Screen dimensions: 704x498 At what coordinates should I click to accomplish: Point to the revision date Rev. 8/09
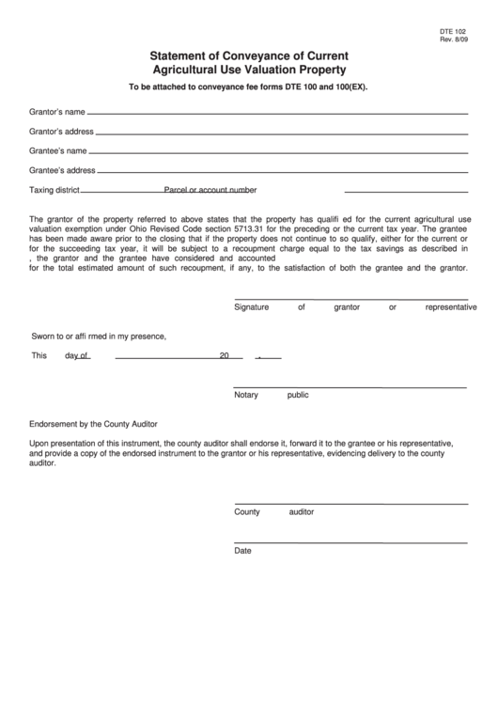pyautogui.click(x=453, y=39)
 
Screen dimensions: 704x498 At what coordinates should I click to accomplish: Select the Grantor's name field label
pyautogui.click(x=57, y=112)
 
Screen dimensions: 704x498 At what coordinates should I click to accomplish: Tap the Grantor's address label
pyautogui.click(x=61, y=132)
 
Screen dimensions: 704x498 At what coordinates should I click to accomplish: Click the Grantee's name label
pyautogui.click(x=57, y=150)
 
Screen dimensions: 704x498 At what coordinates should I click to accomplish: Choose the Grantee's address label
pyautogui.click(x=62, y=170)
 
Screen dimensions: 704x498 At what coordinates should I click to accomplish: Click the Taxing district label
pyautogui.click(x=54, y=190)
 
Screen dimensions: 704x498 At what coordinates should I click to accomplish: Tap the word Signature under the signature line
pyautogui.click(x=252, y=307)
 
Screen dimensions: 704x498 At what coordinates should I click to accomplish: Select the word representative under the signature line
pyautogui.click(x=451, y=307)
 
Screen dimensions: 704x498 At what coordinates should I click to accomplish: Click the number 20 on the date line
pyautogui.click(x=224, y=356)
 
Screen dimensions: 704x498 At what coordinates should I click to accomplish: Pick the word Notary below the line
pyautogui.click(x=246, y=395)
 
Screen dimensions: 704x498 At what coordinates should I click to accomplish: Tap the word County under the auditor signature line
pyautogui.click(x=247, y=512)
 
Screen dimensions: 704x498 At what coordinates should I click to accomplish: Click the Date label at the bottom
pyautogui.click(x=243, y=551)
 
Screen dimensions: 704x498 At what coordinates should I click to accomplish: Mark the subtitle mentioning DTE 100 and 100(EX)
pyautogui.click(x=248, y=87)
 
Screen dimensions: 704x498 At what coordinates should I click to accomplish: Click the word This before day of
pyautogui.click(x=39, y=356)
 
